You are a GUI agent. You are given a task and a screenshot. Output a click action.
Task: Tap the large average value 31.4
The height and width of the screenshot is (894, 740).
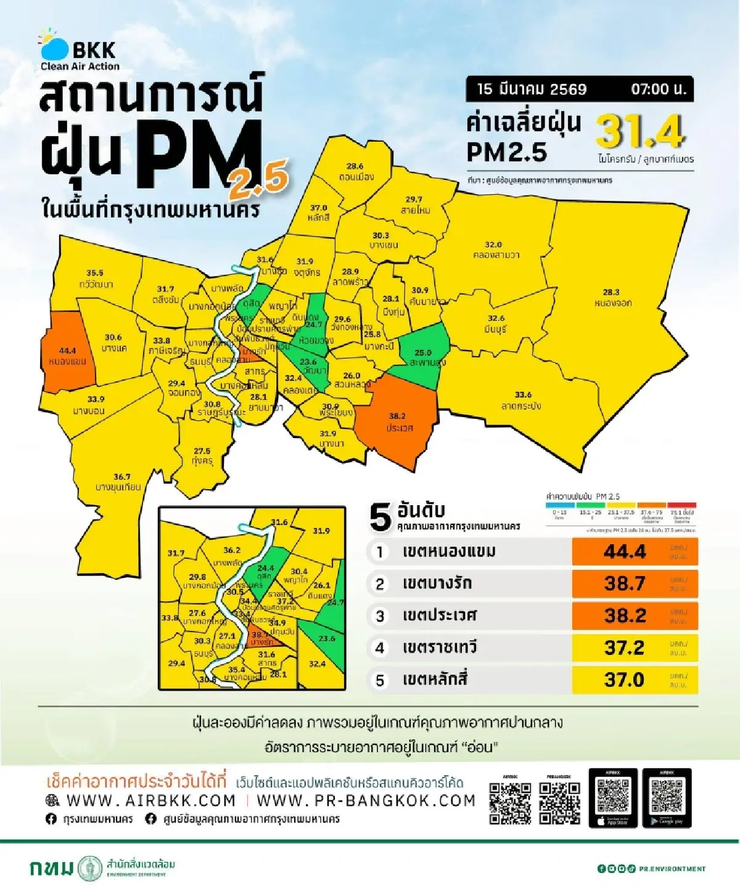point(641,131)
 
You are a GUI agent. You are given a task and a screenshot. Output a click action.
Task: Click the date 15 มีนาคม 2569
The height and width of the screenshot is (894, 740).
point(532,89)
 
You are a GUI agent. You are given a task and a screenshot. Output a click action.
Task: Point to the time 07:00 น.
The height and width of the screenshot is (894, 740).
point(658,89)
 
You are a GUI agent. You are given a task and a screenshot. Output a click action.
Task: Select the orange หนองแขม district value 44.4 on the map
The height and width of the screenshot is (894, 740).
point(67,351)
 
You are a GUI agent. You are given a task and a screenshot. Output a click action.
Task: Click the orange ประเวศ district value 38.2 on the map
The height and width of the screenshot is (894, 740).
point(397,416)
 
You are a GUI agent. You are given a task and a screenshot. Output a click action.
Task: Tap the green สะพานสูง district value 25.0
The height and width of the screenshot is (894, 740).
point(422,353)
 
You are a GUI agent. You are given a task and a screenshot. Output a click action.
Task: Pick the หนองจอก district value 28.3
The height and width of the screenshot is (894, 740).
point(610,292)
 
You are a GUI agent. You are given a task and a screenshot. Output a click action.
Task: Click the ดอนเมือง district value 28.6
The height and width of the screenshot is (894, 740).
point(355,166)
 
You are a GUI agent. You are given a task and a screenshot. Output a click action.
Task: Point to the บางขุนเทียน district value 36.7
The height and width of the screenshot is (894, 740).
point(121,477)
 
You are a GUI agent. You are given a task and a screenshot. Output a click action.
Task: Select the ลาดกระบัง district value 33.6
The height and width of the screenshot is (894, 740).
point(523,395)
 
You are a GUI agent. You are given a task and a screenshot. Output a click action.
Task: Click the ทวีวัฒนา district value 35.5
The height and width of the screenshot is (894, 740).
point(95,273)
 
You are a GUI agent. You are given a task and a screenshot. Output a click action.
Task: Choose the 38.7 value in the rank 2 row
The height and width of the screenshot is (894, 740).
point(624,583)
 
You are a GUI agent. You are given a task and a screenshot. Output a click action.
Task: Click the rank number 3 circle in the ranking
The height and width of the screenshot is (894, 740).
point(380,616)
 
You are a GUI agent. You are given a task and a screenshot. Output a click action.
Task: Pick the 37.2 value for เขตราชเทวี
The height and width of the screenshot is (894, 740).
point(624,648)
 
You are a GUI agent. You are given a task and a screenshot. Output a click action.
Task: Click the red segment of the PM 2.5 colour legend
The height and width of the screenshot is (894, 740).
point(683,505)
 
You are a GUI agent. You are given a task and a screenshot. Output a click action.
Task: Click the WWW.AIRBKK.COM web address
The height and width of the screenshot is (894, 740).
point(150,800)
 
